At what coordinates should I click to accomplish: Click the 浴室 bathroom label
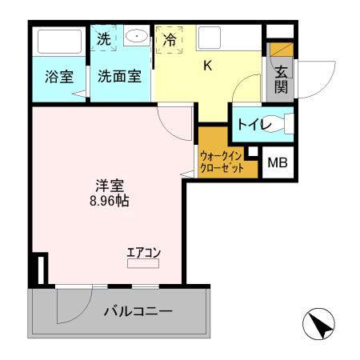58,79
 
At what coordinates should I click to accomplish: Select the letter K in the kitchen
206,66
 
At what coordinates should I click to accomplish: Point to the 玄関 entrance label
281,79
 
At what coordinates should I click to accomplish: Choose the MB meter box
277,164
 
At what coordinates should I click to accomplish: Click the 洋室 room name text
109,184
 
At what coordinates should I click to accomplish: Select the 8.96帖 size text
110,201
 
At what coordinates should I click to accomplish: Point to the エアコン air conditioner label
144,254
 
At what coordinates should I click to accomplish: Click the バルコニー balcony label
138,311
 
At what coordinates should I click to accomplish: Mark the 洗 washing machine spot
104,38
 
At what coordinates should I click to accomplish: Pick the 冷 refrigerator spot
170,38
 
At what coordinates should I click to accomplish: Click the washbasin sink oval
136,36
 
